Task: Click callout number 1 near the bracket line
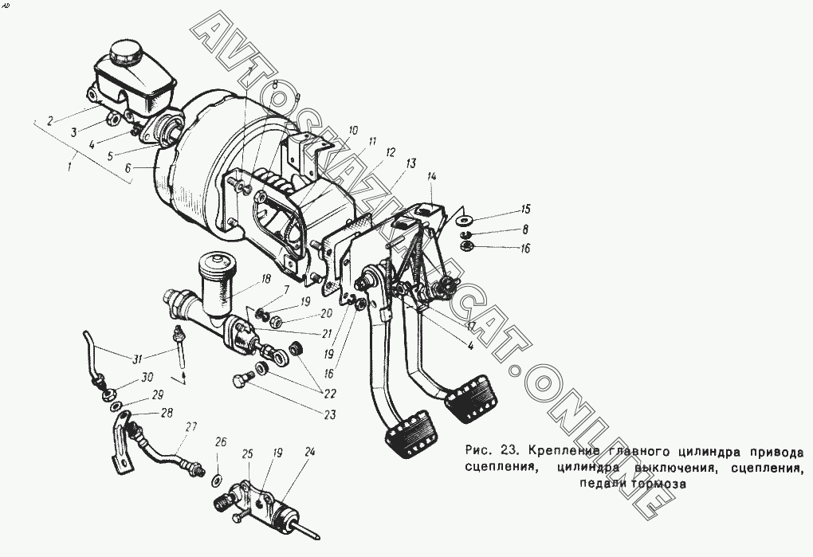coord(70,167)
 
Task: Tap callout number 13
coord(410,164)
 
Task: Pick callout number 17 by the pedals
coord(473,326)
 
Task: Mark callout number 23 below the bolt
coord(329,414)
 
